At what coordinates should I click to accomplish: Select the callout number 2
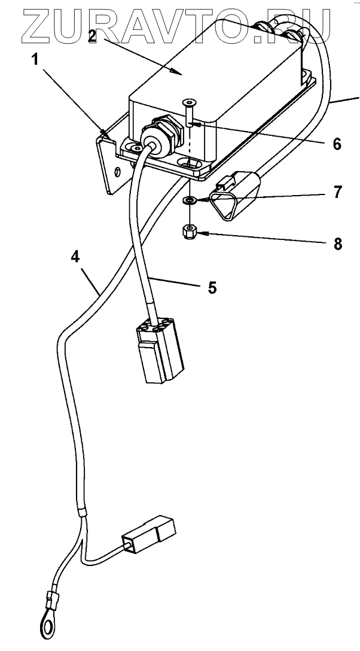[92, 35]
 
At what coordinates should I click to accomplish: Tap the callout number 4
[75, 257]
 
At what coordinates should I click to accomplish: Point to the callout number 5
[212, 287]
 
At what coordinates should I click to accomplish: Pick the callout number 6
[337, 144]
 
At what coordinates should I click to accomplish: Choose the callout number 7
[338, 193]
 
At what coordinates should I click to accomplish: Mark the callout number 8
[338, 244]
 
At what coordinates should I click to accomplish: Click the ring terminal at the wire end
[45, 625]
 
